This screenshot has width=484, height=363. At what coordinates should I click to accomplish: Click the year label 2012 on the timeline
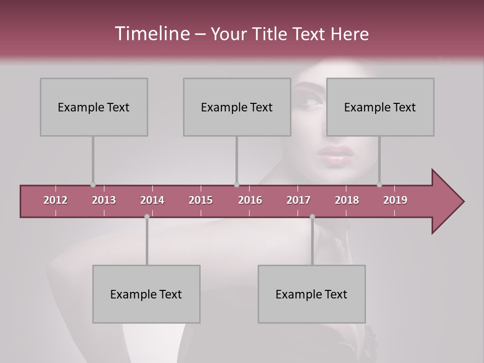55,200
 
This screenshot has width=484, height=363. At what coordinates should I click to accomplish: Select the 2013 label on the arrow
104,200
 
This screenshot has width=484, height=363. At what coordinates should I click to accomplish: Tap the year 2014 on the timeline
152,200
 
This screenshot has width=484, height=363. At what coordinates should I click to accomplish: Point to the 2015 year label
201,200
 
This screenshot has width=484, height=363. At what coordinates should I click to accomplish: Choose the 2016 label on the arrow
250,200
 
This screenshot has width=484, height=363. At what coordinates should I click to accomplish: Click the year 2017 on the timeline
298,200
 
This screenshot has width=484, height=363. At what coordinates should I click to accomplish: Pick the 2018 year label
347,200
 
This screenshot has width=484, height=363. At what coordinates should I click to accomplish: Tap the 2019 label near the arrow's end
395,200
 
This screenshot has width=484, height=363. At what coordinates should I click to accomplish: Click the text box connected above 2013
94,107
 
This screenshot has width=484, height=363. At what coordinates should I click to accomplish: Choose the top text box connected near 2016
237,107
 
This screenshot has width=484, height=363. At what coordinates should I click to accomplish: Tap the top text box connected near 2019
380,107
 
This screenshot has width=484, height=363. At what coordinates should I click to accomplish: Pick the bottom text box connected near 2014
146,294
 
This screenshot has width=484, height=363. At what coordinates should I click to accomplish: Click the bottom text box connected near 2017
312,294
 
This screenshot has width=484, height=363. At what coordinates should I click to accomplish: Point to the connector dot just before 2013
93,185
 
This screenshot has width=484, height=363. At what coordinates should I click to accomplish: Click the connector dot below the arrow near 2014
147,217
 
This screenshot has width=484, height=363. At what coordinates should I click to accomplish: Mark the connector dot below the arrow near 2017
312,217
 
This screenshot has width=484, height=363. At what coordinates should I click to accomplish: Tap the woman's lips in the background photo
335,154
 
